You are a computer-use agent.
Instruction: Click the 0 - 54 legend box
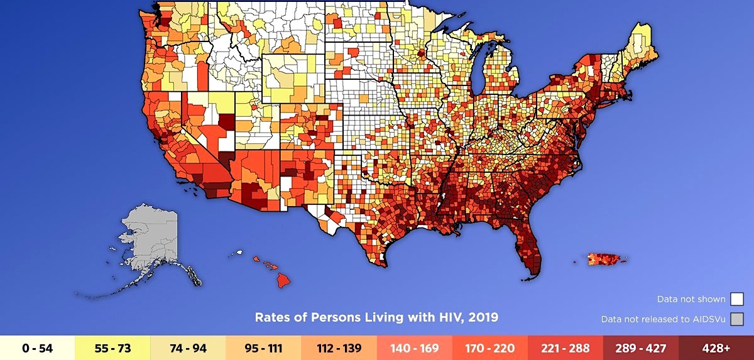(38, 347)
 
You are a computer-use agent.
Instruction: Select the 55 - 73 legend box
(113, 347)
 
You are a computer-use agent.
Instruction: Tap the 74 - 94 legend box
(188, 347)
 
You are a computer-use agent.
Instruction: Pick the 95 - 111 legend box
(264, 347)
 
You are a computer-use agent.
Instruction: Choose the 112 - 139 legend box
(339, 347)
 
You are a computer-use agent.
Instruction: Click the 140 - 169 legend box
(415, 347)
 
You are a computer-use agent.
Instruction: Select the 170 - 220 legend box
(490, 347)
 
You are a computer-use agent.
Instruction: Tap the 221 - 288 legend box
(565, 347)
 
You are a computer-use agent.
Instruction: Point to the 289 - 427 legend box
(641, 347)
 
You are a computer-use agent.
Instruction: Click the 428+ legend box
(716, 347)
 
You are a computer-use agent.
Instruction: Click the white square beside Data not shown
(738, 299)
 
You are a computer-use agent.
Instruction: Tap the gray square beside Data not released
(738, 319)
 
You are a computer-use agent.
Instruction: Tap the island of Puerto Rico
(606, 259)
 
